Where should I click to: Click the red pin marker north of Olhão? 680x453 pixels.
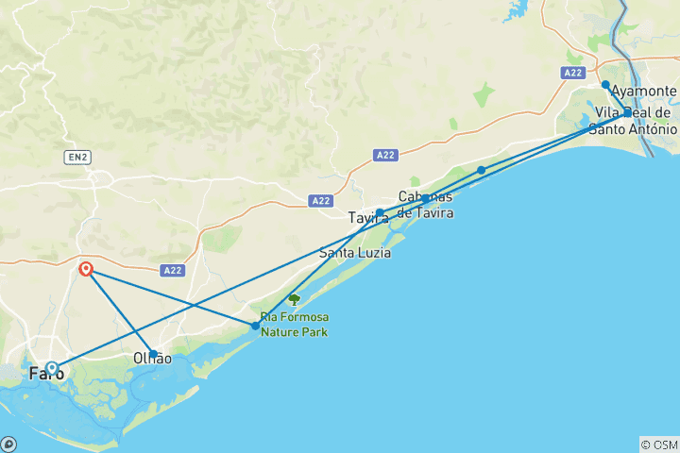(x=86, y=269)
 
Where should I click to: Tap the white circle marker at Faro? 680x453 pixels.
(x=52, y=368)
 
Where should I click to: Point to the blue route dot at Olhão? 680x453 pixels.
(x=154, y=354)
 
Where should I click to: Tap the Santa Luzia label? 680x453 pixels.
(x=355, y=253)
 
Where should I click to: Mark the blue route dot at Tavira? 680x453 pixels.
(x=380, y=213)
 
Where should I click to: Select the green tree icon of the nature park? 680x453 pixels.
(x=294, y=299)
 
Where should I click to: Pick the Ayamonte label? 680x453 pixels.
(x=643, y=92)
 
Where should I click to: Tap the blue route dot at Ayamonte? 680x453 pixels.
(x=605, y=85)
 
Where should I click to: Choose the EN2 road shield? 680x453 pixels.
(x=77, y=158)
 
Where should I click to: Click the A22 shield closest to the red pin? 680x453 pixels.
(x=171, y=270)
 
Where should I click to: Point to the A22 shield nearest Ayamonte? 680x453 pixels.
(x=572, y=73)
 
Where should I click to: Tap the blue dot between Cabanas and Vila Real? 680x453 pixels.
(x=482, y=170)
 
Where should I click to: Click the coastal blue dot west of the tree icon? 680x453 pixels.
(x=256, y=326)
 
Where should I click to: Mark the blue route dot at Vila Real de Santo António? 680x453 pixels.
(x=628, y=112)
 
